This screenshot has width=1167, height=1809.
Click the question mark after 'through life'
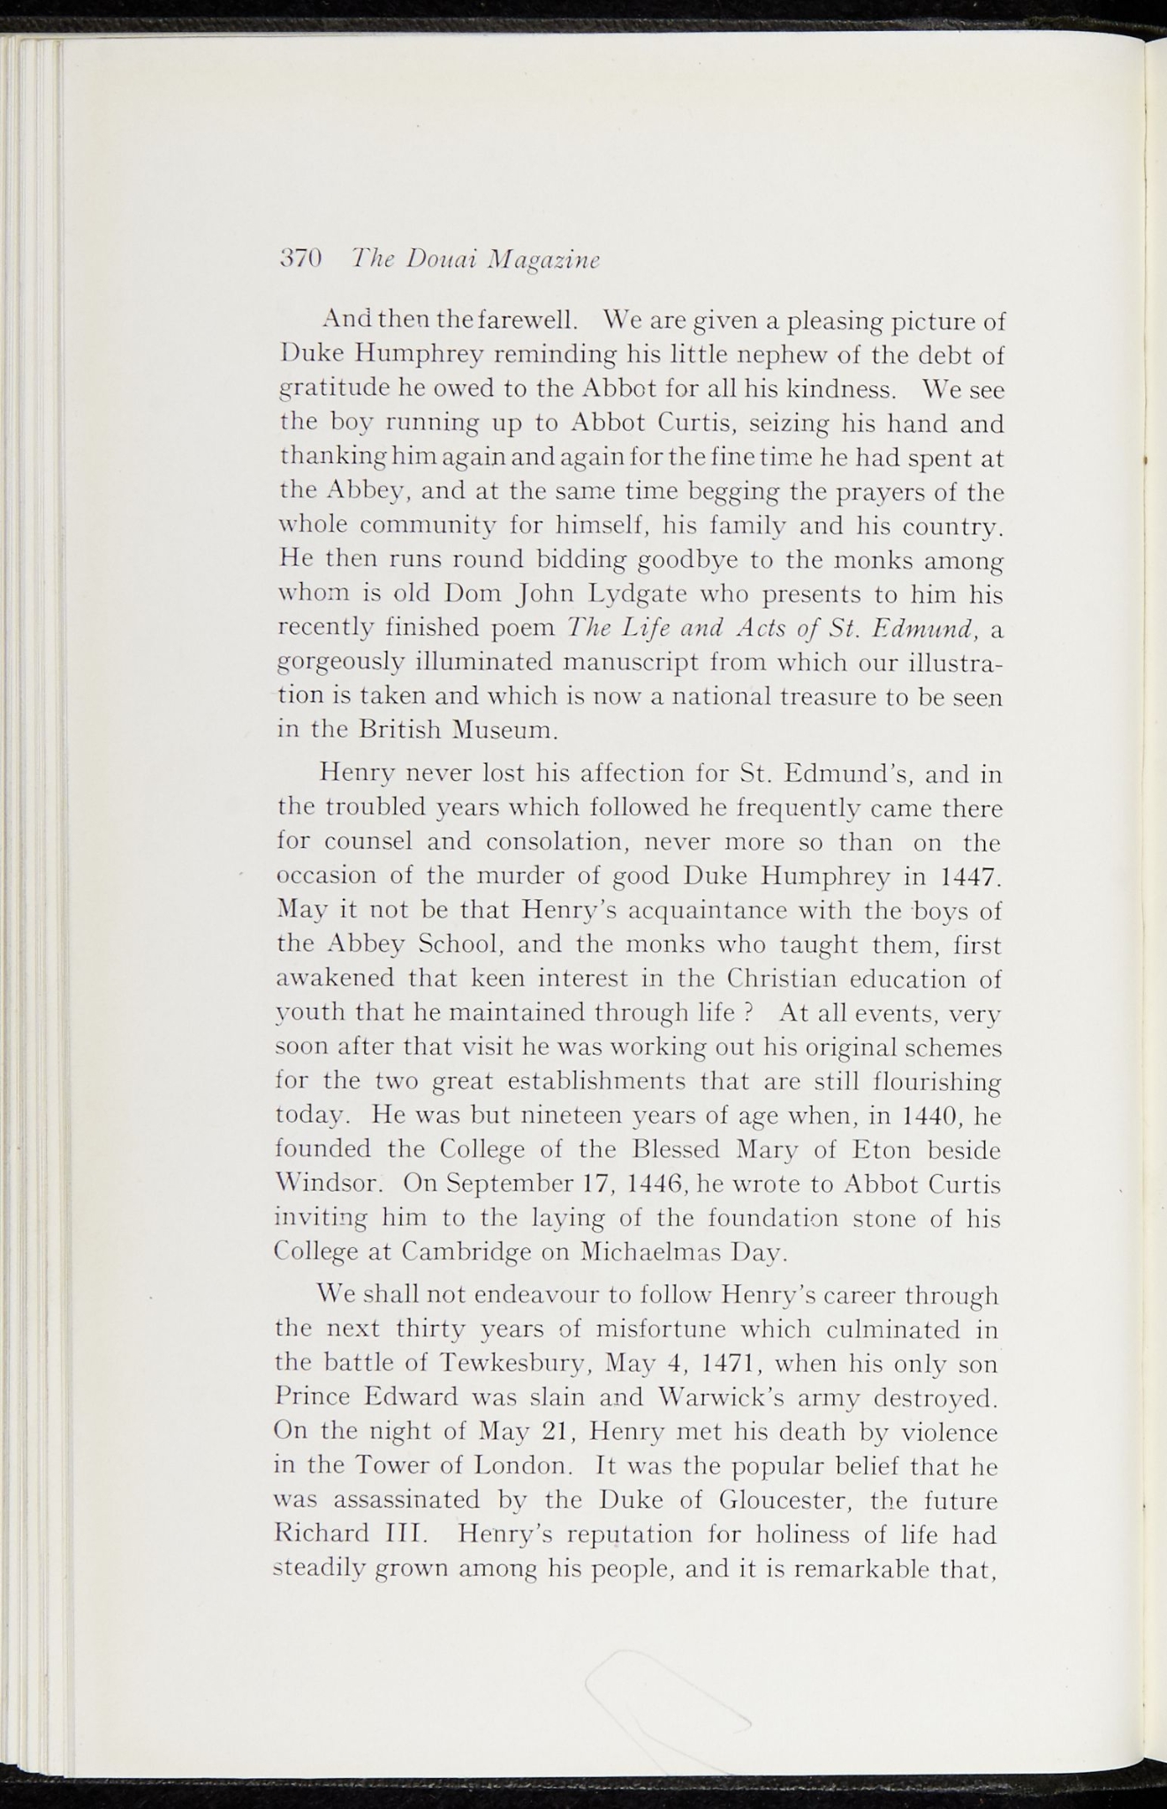[x=748, y=1013]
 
